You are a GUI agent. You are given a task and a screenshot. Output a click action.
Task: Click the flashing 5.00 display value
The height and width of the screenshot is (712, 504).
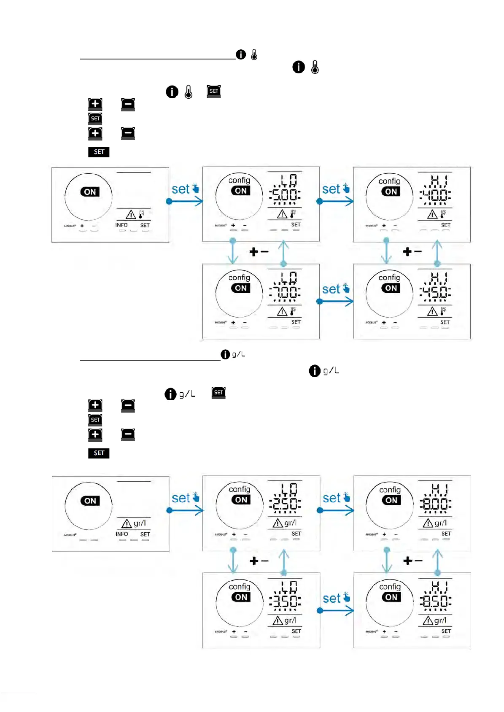[x=285, y=195]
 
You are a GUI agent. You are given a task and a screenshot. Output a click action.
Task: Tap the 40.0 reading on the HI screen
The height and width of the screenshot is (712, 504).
[x=435, y=195]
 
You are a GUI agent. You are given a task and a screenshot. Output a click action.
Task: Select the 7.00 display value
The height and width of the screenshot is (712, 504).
[x=285, y=292]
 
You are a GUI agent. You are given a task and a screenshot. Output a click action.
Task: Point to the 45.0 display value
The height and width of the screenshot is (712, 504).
[x=435, y=292]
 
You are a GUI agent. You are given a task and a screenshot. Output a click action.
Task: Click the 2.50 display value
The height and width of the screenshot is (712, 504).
[x=285, y=504]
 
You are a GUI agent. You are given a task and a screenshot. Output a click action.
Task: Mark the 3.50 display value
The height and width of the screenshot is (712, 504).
[x=285, y=601]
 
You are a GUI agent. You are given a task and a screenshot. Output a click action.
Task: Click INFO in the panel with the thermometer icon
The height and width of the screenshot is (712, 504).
[x=121, y=225]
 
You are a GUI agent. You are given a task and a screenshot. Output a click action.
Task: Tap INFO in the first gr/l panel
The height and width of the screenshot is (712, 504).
[x=122, y=534]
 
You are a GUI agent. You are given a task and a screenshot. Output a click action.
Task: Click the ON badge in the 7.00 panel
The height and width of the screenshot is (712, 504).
[x=241, y=288]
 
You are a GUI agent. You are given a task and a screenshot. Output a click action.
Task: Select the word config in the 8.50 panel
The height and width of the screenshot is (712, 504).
[x=390, y=587]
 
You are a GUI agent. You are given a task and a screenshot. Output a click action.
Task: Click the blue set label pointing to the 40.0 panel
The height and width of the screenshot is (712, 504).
[x=331, y=189]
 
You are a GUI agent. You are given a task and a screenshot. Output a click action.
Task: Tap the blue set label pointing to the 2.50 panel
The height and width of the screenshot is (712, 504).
[x=181, y=498]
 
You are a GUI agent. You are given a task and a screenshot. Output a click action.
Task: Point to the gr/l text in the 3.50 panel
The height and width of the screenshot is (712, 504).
[x=291, y=620]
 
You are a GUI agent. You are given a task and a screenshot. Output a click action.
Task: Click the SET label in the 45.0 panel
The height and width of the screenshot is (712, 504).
[x=445, y=322]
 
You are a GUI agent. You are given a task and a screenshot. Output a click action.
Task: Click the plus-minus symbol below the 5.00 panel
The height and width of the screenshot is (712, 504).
[x=259, y=252]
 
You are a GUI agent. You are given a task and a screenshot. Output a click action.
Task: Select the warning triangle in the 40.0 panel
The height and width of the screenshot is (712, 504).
[x=432, y=215]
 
